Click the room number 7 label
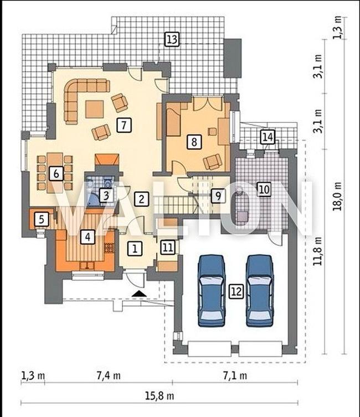(x=124, y=125)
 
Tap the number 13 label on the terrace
(x=172, y=39)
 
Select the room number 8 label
(x=194, y=141)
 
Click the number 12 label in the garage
(x=236, y=291)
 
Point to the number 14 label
(x=268, y=137)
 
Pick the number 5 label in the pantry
(x=42, y=219)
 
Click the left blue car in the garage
(x=212, y=290)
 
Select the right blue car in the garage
(x=260, y=290)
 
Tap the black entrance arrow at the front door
(x=139, y=294)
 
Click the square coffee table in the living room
(x=94, y=109)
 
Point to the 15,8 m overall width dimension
(x=160, y=396)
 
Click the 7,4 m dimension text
(x=108, y=376)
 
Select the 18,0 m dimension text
(x=337, y=196)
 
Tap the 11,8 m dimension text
(x=317, y=251)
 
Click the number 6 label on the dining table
(x=56, y=174)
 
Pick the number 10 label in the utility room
(x=264, y=189)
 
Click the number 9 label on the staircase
(x=218, y=196)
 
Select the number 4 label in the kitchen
(x=88, y=236)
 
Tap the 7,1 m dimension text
(x=235, y=376)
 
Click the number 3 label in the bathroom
(x=106, y=195)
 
